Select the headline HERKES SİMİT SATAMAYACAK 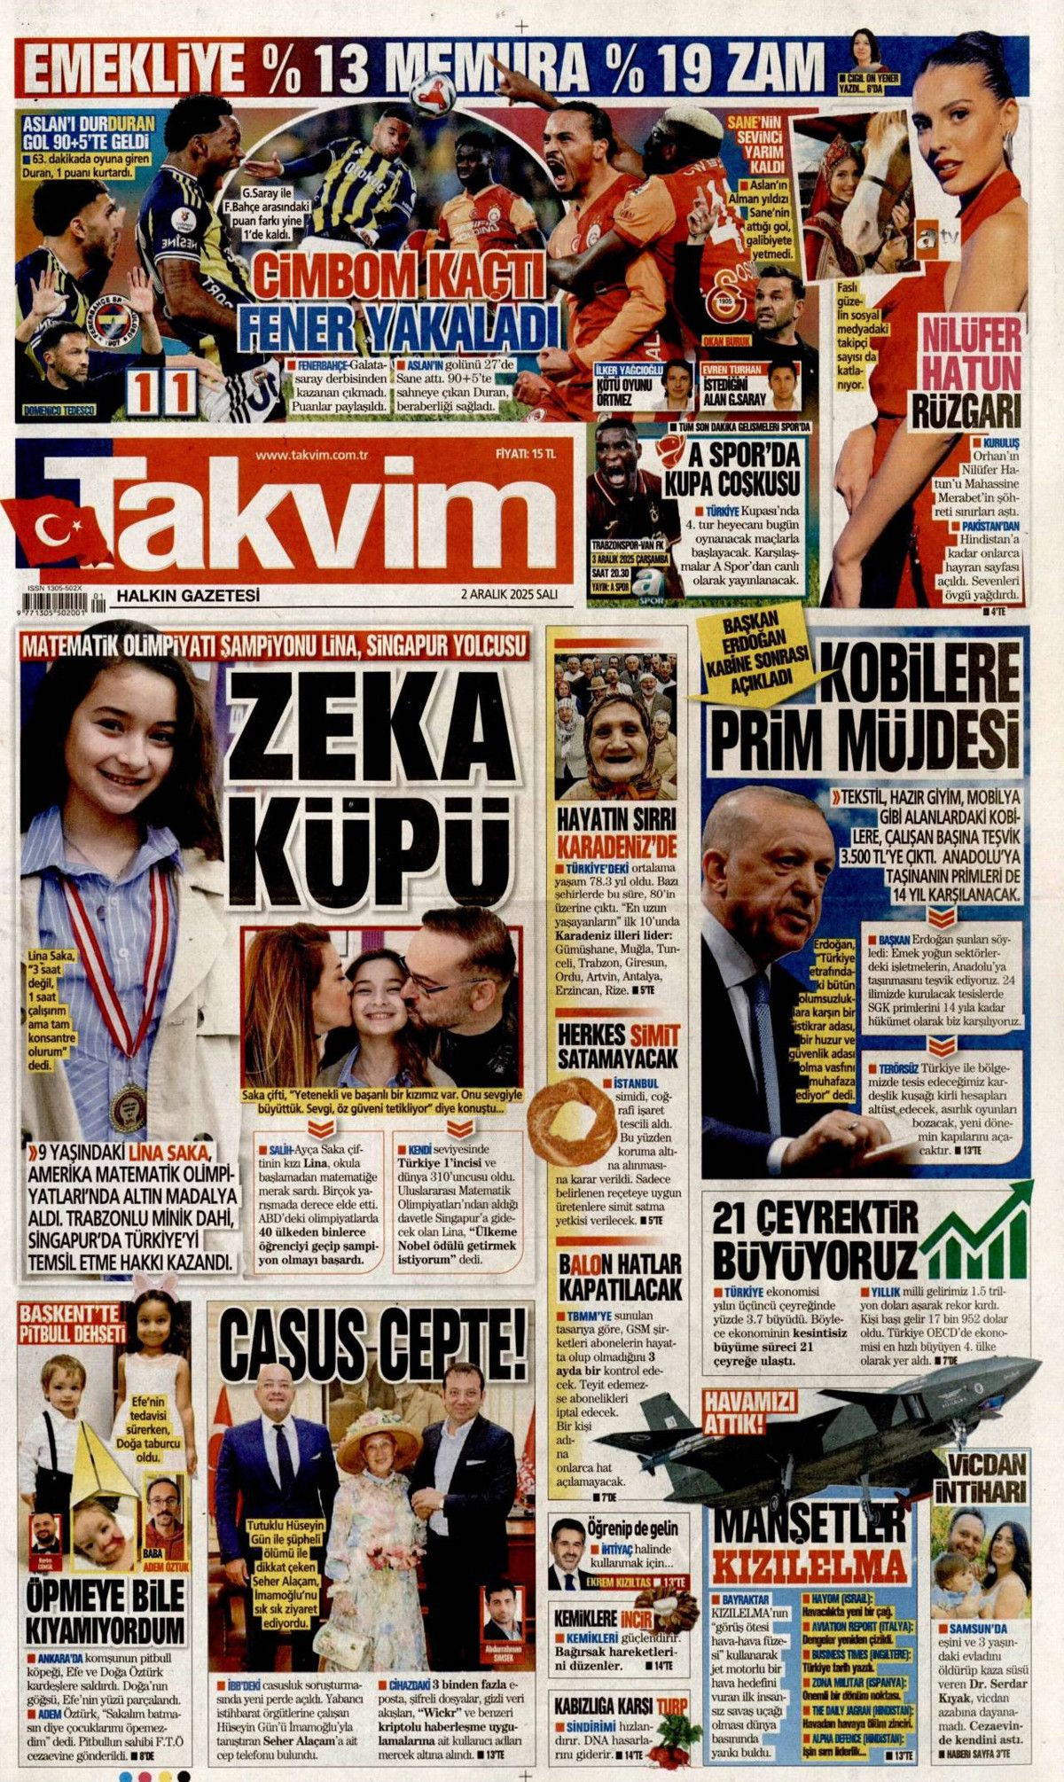coord(618,1046)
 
